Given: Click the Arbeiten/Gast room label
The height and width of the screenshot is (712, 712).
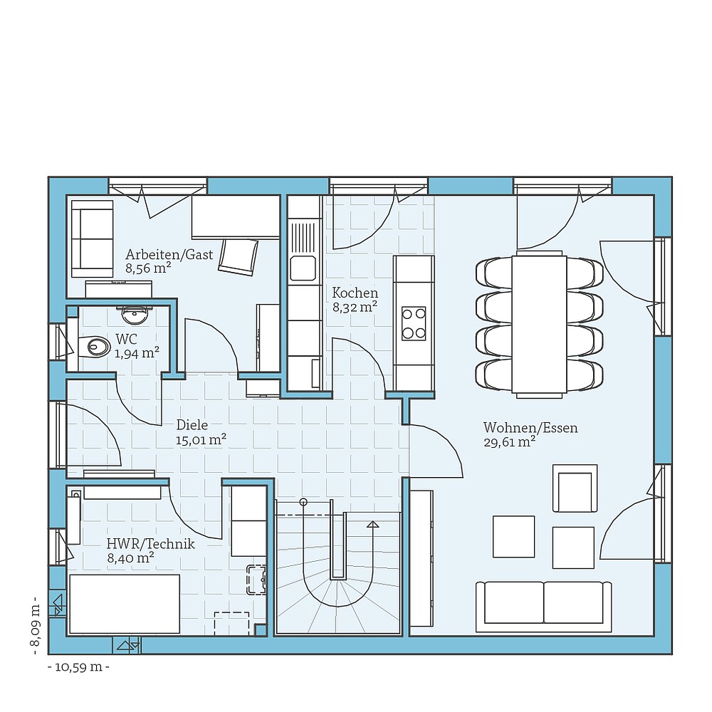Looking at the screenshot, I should click(x=169, y=254).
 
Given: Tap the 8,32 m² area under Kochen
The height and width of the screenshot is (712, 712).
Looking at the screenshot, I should click(x=355, y=308).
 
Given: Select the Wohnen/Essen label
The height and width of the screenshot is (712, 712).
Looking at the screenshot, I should click(x=530, y=428).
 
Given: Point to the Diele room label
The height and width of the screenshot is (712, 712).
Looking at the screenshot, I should click(x=192, y=425).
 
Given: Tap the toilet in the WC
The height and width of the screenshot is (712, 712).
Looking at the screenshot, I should click(x=96, y=347).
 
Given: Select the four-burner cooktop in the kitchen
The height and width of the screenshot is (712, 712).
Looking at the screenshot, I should click(x=414, y=323).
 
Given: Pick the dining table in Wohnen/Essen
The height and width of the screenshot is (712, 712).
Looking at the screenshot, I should click(x=539, y=323).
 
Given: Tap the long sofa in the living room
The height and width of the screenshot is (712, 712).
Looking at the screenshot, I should click(x=544, y=605).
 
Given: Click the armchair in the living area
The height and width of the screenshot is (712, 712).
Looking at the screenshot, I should click(x=575, y=488).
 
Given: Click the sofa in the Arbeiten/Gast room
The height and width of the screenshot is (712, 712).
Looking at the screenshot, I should click(x=93, y=239).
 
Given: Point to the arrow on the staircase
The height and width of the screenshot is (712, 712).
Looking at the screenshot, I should click(x=372, y=525).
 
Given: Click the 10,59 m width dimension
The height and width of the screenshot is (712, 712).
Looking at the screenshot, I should click(x=78, y=667).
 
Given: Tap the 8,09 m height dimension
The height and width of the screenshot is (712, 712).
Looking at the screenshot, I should click(x=33, y=625).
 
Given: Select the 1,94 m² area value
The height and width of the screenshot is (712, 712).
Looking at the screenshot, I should click(x=137, y=352).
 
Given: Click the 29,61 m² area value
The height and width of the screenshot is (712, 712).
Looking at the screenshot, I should click(x=509, y=442).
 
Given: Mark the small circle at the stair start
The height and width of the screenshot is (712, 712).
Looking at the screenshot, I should click(x=303, y=502).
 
